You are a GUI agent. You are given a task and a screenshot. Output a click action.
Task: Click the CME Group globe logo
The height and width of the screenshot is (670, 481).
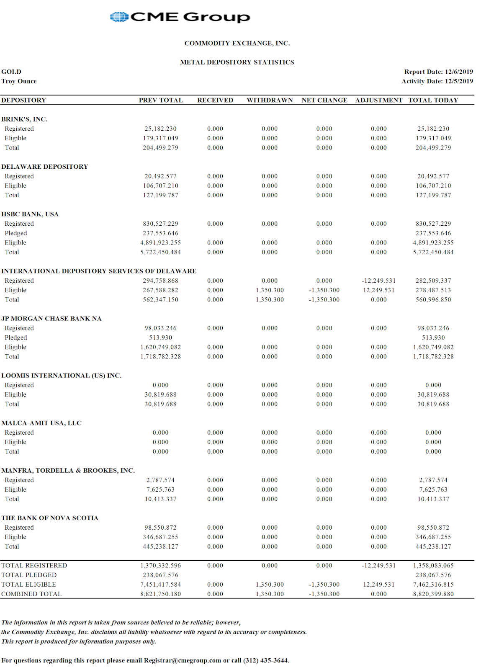click(x=119, y=17)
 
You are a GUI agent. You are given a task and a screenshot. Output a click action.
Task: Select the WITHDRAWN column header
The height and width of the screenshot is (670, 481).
click(x=270, y=100)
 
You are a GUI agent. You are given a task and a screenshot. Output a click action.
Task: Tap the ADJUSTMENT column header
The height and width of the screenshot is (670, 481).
click(x=379, y=100)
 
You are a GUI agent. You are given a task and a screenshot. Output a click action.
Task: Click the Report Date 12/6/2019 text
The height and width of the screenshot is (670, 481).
click(x=439, y=72)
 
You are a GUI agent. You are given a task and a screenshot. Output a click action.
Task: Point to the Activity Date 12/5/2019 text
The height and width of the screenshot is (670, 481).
click(x=437, y=81)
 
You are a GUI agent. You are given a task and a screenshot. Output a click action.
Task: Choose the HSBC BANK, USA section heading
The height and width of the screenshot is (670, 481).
click(x=30, y=214)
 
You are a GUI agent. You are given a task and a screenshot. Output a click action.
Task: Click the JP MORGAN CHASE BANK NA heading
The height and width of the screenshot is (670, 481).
click(x=51, y=319)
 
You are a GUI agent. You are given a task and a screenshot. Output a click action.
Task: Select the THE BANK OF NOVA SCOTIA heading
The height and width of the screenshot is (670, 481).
click(x=50, y=518)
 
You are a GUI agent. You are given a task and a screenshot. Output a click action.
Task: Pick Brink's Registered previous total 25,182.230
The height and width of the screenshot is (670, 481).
click(x=160, y=129)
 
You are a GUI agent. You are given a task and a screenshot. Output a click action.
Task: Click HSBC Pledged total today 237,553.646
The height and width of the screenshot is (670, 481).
click(x=433, y=233)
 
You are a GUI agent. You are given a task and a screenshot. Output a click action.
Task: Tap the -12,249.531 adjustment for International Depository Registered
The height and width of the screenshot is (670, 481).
click(x=379, y=281)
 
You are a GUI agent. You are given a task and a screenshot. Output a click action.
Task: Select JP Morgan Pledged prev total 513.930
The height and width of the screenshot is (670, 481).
click(x=160, y=338)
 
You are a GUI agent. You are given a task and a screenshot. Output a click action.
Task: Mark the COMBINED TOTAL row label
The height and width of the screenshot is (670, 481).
click(x=31, y=594)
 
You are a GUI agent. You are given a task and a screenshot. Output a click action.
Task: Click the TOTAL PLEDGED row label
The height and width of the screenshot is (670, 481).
click(x=29, y=575)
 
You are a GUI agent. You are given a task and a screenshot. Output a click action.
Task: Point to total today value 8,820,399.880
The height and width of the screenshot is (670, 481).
click(x=433, y=594)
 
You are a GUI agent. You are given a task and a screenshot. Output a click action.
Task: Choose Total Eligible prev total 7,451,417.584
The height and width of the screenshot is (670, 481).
click(x=160, y=585)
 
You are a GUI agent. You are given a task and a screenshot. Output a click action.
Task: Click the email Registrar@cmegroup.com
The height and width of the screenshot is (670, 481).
click(x=183, y=660)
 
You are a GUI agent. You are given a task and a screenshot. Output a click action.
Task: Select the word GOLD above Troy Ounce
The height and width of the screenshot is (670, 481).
click(x=11, y=72)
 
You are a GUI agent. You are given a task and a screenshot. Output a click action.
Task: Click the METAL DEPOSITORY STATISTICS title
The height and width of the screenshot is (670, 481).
click(x=237, y=62)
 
